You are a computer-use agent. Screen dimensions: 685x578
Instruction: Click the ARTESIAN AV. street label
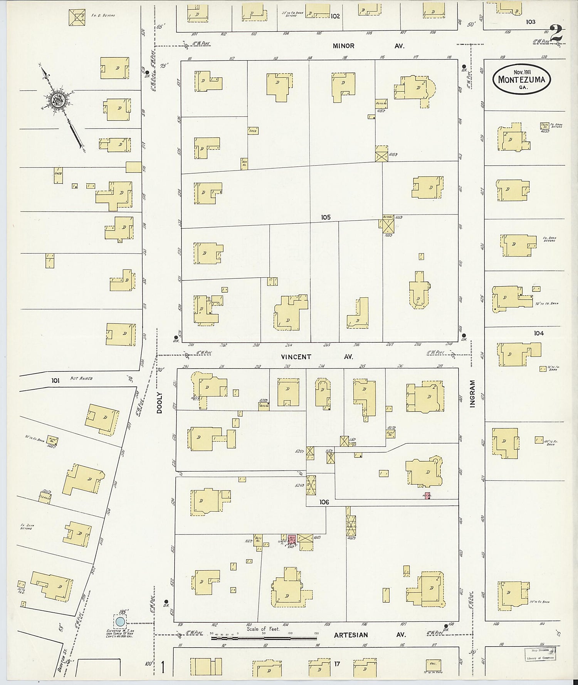(x=370, y=635)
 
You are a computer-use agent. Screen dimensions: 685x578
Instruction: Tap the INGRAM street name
(x=472, y=393)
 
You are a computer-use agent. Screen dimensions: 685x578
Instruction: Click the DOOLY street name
(x=160, y=403)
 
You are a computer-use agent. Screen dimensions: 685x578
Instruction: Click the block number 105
(x=326, y=217)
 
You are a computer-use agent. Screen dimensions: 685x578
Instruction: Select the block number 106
(x=324, y=502)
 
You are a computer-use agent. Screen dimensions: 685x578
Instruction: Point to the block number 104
(x=539, y=333)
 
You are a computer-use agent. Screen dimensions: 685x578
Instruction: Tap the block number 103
(x=531, y=22)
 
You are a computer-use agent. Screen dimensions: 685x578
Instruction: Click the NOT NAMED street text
(x=82, y=379)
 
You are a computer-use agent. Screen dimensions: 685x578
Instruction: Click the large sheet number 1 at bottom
(x=164, y=668)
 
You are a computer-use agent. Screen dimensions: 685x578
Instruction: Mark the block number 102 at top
(x=335, y=16)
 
